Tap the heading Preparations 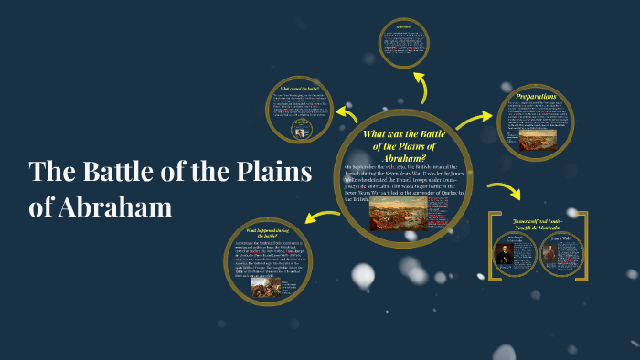536,96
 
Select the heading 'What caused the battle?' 298,87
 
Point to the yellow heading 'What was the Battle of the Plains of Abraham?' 402,145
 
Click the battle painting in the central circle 395,213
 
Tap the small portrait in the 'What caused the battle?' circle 298,131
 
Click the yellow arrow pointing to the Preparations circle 474,118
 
